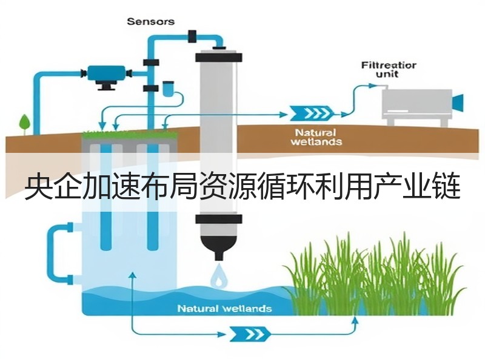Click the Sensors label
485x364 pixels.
150,22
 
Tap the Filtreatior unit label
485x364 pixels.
389,70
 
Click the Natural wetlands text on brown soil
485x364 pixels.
316,138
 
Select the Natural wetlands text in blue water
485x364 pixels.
224,309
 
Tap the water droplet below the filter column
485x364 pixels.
219,275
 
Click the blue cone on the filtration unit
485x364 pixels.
458,103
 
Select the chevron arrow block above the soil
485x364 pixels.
312,113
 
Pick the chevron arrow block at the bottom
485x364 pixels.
250,334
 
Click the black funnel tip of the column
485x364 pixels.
219,256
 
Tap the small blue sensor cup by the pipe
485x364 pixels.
168,89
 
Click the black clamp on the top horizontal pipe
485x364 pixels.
192,36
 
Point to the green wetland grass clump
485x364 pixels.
374,275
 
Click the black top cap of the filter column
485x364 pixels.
218,57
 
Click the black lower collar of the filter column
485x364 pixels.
218,219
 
